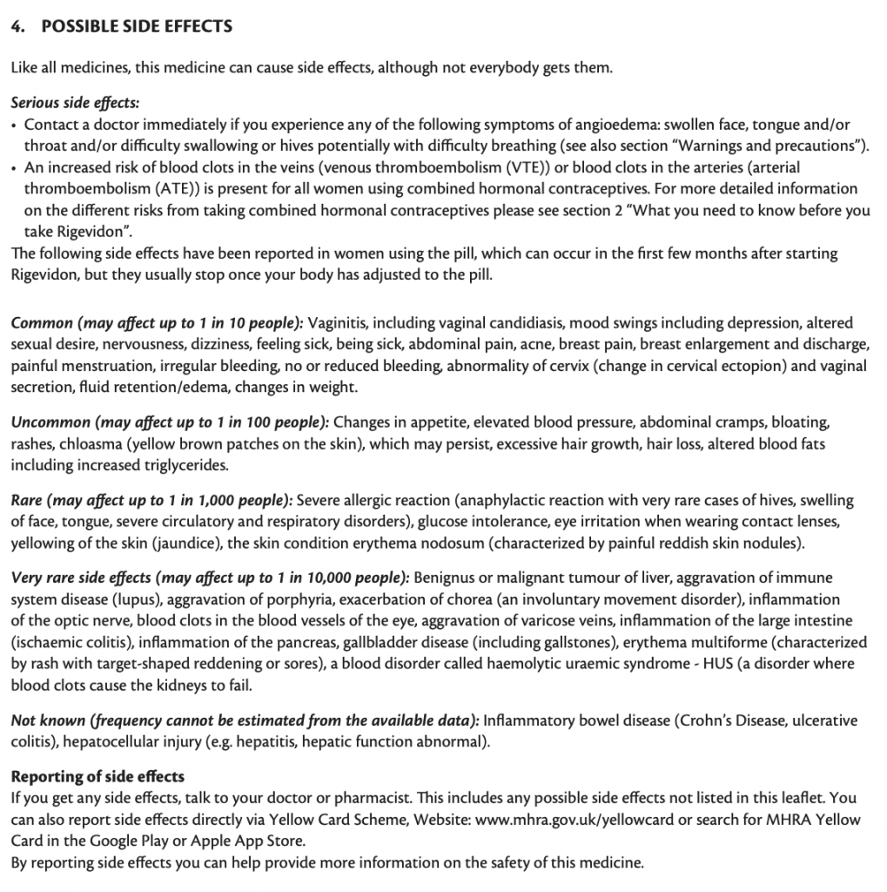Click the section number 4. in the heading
tap(17, 26)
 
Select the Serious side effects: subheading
tap(75, 104)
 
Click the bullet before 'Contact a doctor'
tap(15, 125)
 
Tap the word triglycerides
tap(172, 464)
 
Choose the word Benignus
tap(446, 578)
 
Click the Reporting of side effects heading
tap(97, 777)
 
